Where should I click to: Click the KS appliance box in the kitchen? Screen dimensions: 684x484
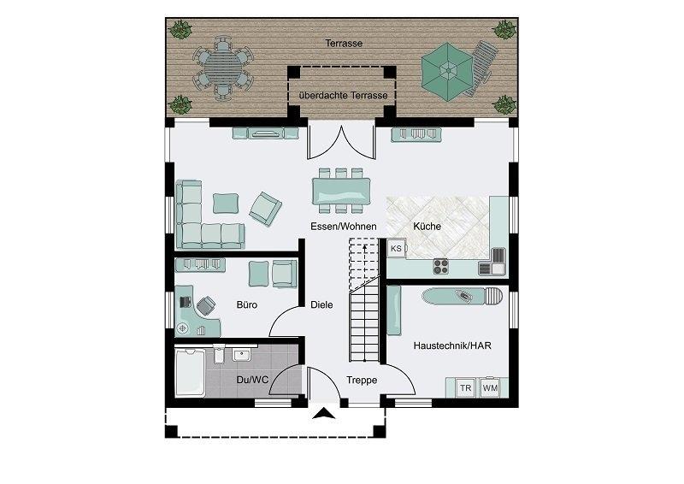point(396,249)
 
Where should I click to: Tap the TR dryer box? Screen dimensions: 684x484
point(465,388)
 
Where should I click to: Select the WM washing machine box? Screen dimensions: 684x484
point(490,387)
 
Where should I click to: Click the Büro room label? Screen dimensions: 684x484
point(247,304)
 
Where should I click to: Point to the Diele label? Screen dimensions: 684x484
point(321,304)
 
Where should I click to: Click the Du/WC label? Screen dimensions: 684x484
point(252,381)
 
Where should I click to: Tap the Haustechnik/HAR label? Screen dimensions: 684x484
point(452,345)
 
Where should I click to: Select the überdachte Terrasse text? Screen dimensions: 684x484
point(344,95)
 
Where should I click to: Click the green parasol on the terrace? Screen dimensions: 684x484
point(447,71)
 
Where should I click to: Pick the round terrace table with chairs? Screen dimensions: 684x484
point(223,68)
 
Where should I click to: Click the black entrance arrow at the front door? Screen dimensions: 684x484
point(324,413)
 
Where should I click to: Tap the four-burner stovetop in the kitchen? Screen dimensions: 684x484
point(441,266)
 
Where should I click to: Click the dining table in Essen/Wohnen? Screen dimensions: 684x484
point(341,192)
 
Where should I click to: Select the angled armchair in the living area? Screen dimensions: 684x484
point(265,209)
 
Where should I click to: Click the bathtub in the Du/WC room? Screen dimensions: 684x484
point(190,372)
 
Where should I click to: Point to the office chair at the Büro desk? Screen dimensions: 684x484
point(206,305)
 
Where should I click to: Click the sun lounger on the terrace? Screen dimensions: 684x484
point(481,68)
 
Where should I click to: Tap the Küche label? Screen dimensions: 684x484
point(427,226)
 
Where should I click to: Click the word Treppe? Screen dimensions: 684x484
point(362,381)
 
